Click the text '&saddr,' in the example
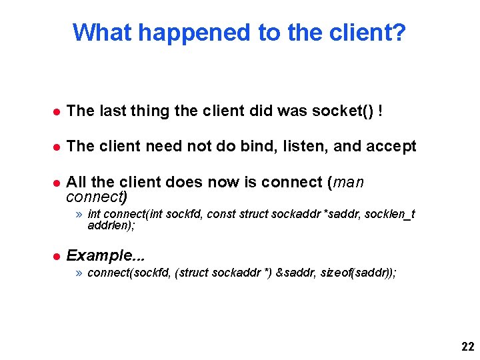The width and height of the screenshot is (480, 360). [x=296, y=273]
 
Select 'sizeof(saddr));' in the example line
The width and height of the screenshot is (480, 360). [x=358, y=273]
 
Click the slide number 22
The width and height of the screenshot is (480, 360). [x=467, y=347]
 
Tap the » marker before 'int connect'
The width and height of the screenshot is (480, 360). [x=79, y=214]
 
